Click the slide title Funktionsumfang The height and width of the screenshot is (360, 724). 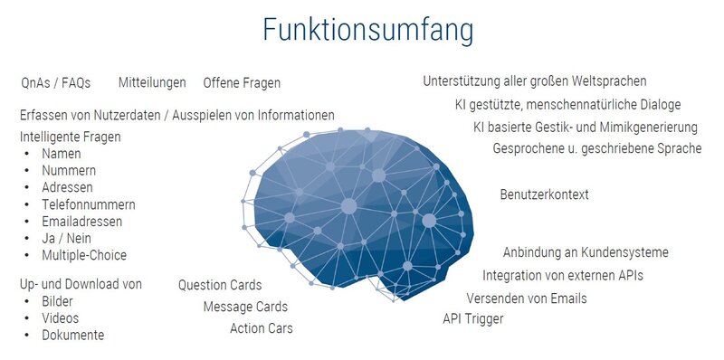click(x=368, y=31)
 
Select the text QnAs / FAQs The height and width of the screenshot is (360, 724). click(x=56, y=83)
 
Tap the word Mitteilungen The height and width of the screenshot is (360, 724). click(x=152, y=82)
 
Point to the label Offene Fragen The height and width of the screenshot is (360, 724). click(x=242, y=83)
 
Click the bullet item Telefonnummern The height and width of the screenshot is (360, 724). click(x=89, y=204)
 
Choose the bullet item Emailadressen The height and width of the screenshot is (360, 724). click(x=82, y=222)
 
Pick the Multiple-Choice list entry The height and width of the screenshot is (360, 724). click(x=84, y=255)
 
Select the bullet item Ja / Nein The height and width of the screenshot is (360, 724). click(x=66, y=239)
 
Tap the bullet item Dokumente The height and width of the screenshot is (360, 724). click(x=73, y=335)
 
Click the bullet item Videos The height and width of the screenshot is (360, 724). click(x=61, y=318)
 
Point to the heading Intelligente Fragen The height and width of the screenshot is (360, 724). click(x=71, y=137)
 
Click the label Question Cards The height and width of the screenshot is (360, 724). click(x=220, y=285)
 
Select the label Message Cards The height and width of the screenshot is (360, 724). click(x=245, y=307)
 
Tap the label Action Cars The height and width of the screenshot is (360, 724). click(x=262, y=328)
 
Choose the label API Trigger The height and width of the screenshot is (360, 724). click(x=473, y=319)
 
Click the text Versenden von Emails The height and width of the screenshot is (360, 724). click(x=527, y=298)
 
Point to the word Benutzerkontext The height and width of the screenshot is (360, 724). click(x=545, y=194)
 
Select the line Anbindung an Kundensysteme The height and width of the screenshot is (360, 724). click(x=586, y=252)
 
